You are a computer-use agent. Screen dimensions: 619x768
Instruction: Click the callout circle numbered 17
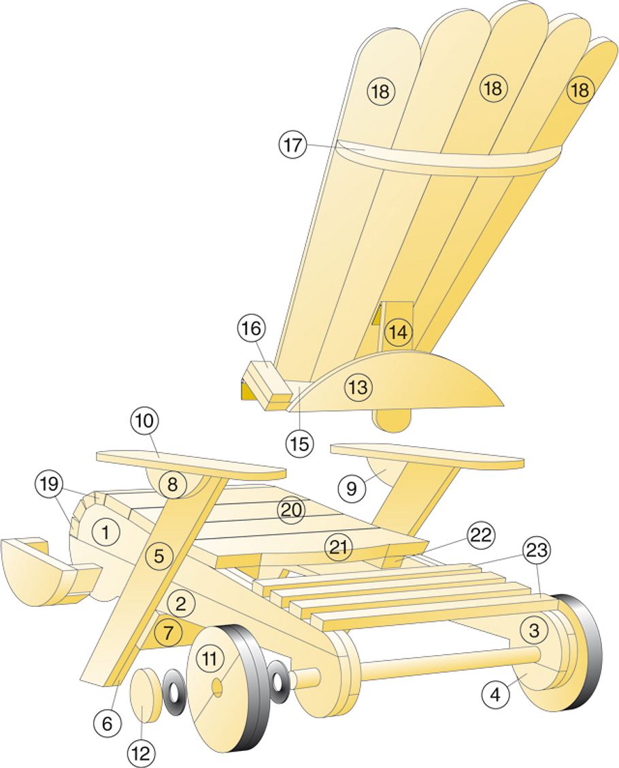tap(292, 146)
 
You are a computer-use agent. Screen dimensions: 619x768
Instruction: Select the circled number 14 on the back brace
tap(398, 333)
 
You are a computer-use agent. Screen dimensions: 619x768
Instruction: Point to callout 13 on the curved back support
tap(358, 388)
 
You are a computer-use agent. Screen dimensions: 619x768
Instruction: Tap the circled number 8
tap(172, 484)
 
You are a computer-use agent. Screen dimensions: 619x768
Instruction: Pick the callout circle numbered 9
tap(351, 488)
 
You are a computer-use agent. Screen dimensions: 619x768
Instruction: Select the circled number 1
tap(105, 532)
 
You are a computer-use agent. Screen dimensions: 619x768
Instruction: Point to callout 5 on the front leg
tap(158, 556)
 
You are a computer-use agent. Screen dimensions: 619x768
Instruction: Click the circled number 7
tap(168, 633)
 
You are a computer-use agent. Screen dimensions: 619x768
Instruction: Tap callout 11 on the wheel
tap(210, 659)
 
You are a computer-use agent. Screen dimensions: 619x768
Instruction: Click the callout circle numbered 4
tap(496, 695)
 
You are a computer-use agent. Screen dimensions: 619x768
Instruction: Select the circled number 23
tap(538, 549)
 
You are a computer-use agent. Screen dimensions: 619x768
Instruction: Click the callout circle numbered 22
tap(480, 535)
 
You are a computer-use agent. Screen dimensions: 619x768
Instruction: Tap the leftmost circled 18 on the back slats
tap(381, 92)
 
